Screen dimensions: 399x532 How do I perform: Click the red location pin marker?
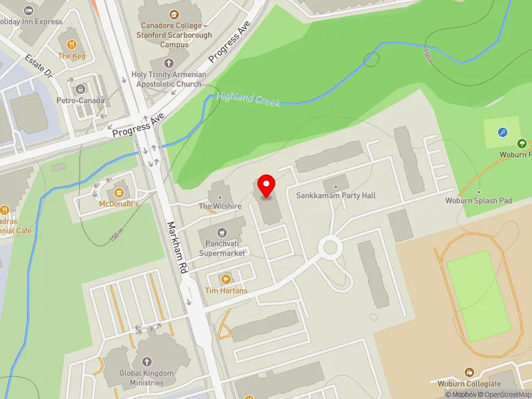[x=267, y=187]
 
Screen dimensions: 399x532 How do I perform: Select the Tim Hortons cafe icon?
[x=225, y=279]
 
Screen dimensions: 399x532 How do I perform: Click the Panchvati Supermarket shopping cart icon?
[x=222, y=232]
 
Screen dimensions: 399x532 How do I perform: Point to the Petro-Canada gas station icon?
[x=80, y=89]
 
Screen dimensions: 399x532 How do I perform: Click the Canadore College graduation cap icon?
[x=174, y=14]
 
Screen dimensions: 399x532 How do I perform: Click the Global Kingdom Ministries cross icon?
[x=147, y=362]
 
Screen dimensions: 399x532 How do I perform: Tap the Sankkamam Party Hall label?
[x=336, y=196]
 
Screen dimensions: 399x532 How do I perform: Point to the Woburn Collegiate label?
[x=469, y=384]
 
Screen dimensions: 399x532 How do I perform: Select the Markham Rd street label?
[x=176, y=249]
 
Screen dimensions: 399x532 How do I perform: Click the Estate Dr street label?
[x=39, y=66]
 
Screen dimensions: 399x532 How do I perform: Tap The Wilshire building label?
[x=220, y=206]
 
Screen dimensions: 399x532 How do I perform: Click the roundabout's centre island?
[x=329, y=249]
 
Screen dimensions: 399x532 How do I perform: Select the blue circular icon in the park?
[x=503, y=132]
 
